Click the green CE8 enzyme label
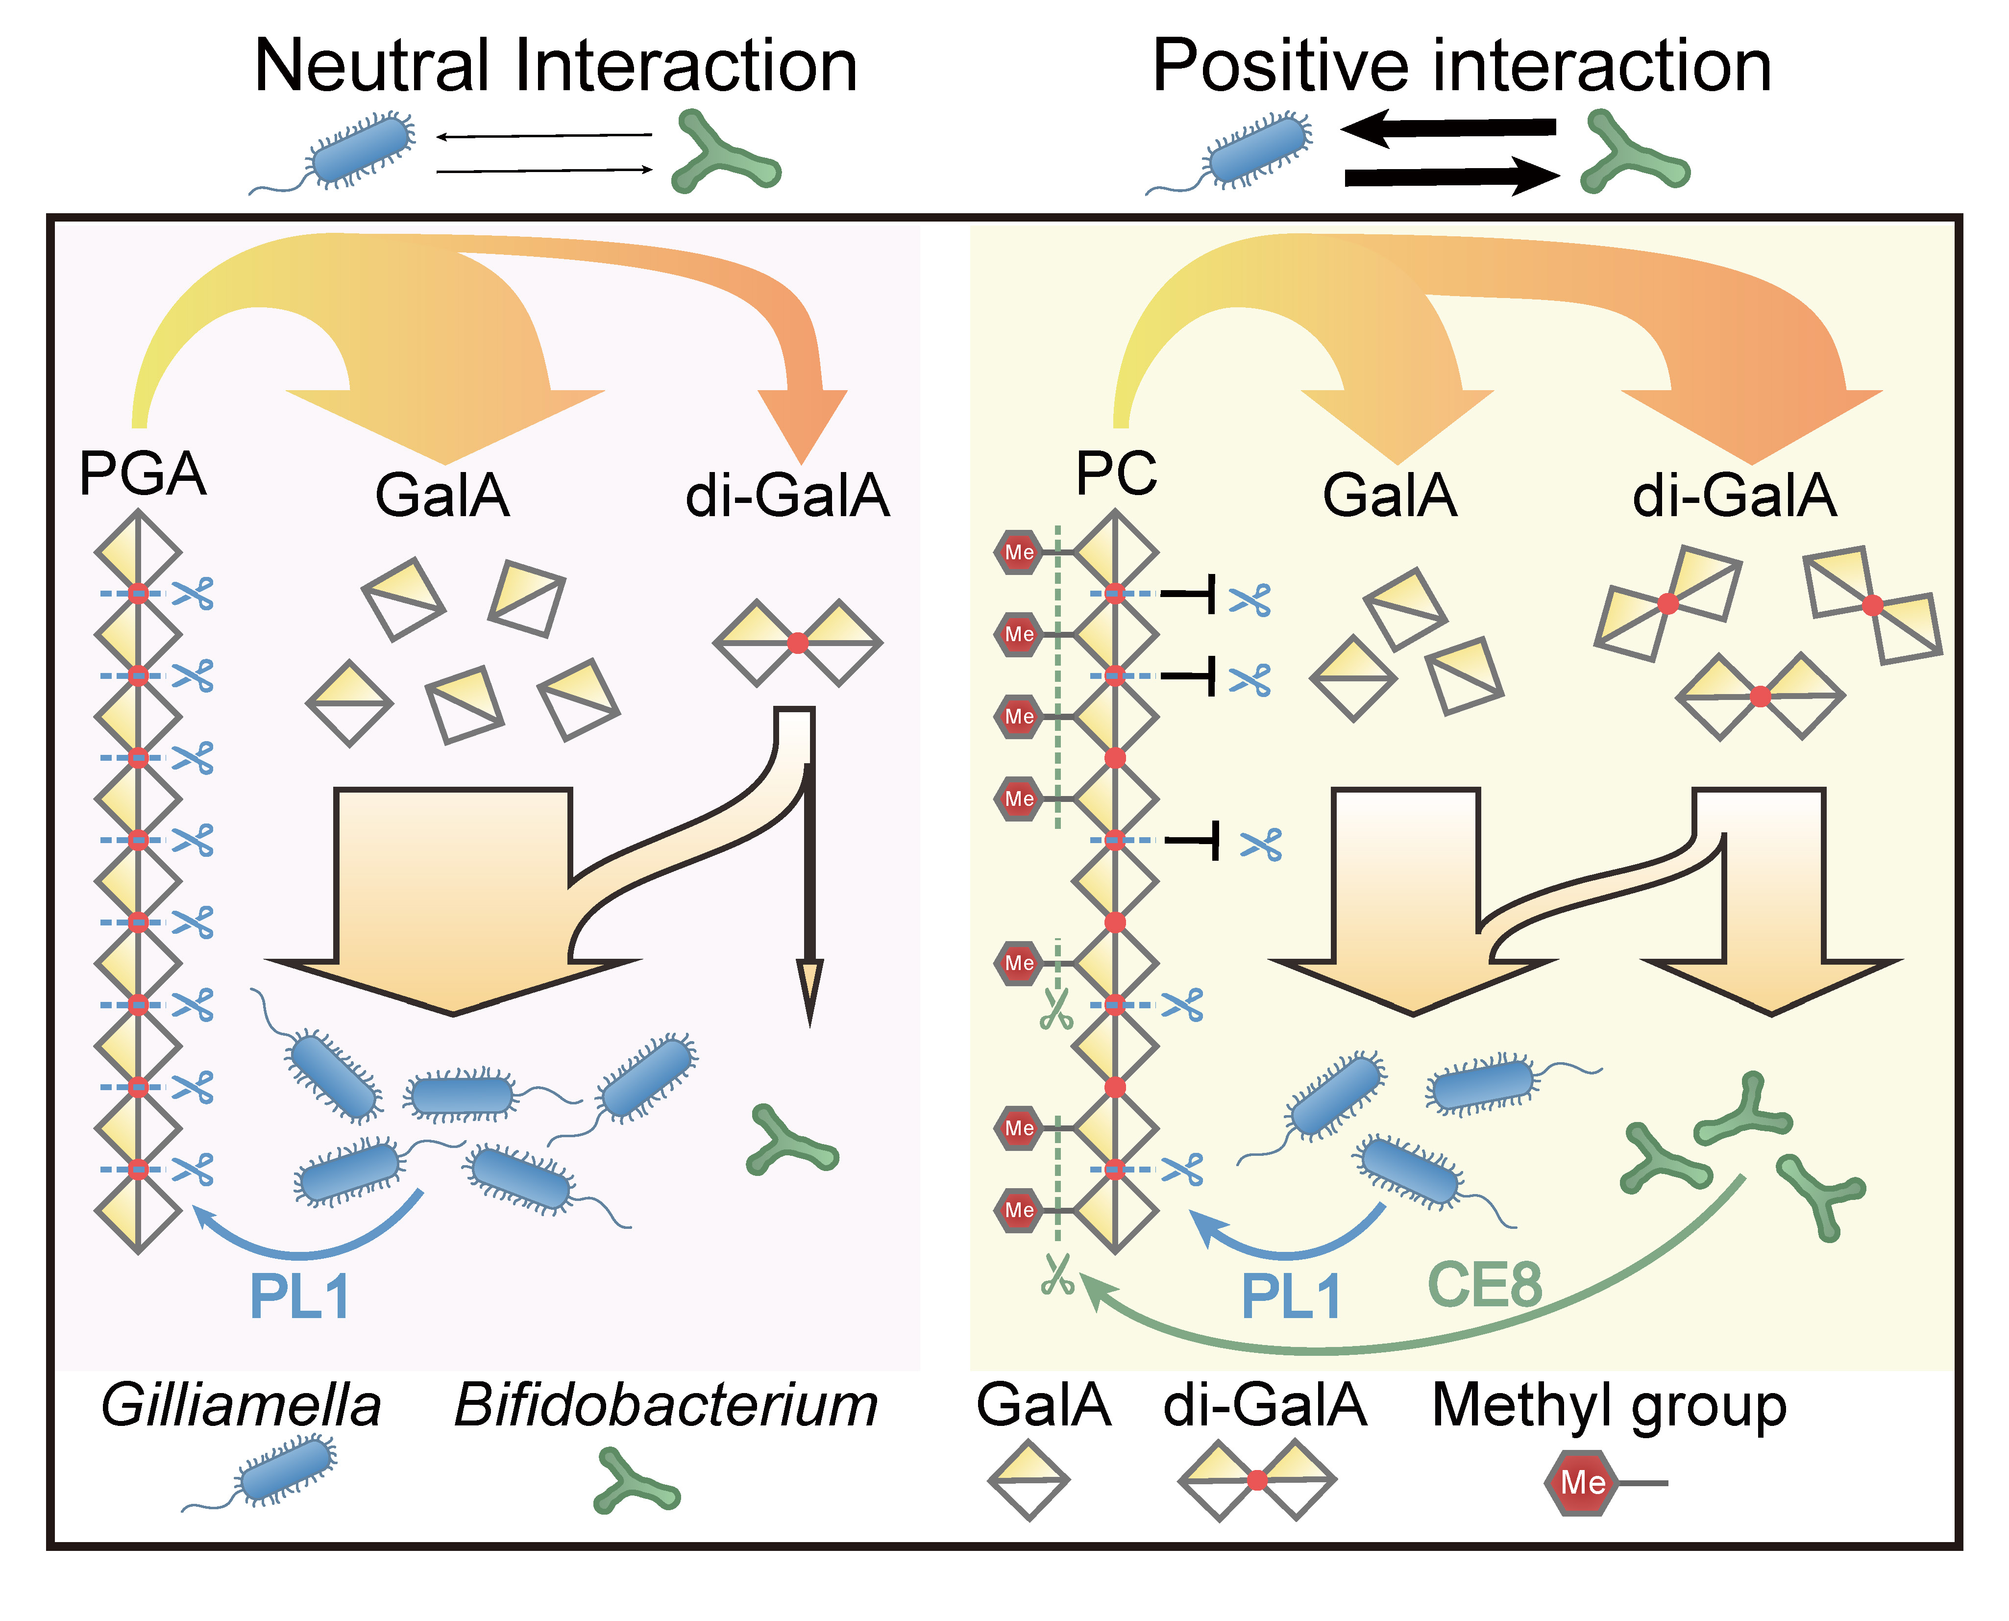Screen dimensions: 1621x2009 pos(1484,1286)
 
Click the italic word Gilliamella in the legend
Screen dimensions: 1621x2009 pos(241,1405)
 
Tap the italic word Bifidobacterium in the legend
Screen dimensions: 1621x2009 pos(665,1405)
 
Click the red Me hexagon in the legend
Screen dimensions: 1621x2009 pos(1581,1483)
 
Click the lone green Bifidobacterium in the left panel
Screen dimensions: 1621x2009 pos(792,1141)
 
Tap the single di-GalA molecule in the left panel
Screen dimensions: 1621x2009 pos(797,643)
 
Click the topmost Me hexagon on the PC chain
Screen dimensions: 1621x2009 pos(1019,552)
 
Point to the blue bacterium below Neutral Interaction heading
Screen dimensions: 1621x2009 pos(360,150)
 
